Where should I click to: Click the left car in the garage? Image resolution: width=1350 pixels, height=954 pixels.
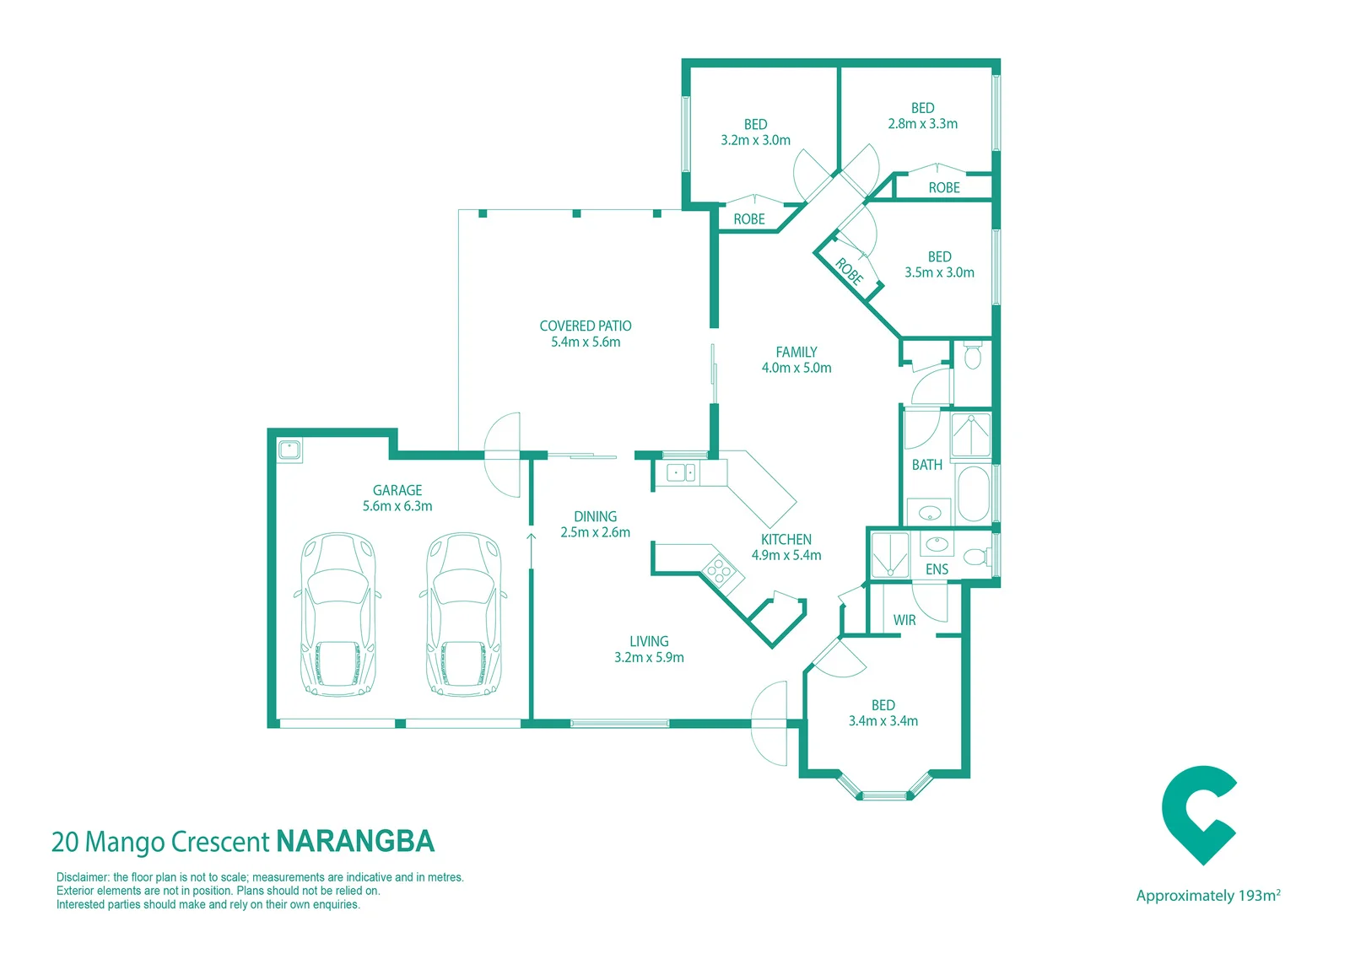(338, 615)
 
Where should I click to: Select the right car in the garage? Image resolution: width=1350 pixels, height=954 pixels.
(463, 615)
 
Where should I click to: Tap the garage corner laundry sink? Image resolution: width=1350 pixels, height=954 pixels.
(289, 450)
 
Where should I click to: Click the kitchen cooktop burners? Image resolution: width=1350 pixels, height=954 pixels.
(720, 569)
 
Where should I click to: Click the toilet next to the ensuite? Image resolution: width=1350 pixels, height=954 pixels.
(977, 556)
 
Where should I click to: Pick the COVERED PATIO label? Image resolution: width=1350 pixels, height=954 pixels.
(586, 326)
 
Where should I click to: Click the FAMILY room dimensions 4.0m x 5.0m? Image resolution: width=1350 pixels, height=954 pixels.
(796, 368)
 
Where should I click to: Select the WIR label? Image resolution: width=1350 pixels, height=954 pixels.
(904, 620)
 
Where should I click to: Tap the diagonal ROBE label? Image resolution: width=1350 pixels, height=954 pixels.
(850, 272)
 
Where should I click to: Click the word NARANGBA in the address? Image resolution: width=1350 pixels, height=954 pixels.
(355, 841)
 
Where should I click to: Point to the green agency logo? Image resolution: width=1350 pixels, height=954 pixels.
(1199, 815)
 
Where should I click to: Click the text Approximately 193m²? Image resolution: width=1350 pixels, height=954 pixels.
(1207, 896)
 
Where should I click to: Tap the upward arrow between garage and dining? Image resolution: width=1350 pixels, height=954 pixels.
(531, 550)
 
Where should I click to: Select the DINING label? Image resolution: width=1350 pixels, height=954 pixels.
(595, 516)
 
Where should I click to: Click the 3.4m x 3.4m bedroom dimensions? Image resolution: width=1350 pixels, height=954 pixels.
(883, 721)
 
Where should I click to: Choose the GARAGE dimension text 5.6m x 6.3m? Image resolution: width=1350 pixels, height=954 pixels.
(397, 506)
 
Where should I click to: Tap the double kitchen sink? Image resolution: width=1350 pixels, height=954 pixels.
(682, 472)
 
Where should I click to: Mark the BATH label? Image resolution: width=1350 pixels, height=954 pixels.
(927, 466)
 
